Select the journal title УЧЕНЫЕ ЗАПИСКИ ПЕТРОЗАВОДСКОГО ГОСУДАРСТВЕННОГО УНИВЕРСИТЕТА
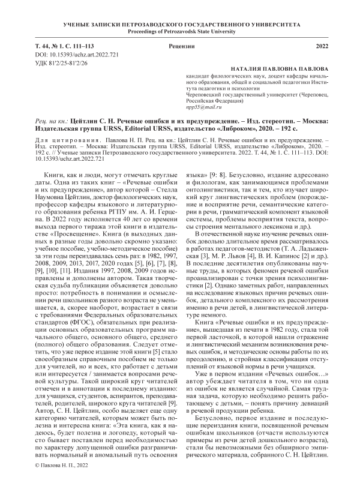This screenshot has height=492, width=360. click(180, 22)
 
